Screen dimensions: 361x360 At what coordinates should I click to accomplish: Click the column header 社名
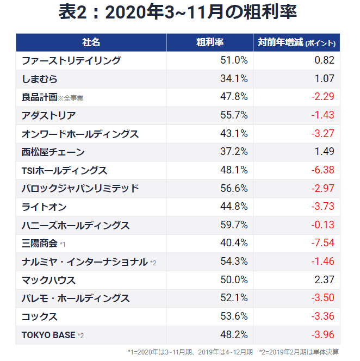point(91,42)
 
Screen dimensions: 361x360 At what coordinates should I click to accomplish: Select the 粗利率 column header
point(209,42)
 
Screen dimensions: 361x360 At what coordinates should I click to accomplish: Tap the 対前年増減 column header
point(296,42)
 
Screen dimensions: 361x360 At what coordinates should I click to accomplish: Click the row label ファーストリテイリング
point(71,60)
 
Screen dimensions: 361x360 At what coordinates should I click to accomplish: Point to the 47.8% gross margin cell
point(234,97)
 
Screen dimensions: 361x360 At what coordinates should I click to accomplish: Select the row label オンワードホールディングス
point(80,134)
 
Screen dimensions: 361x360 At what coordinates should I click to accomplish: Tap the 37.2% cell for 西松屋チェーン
point(234,152)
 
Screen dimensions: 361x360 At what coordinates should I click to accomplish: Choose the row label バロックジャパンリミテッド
point(80,189)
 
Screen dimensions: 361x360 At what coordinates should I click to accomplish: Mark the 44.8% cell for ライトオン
point(234,207)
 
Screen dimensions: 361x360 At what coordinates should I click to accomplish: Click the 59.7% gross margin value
point(234,225)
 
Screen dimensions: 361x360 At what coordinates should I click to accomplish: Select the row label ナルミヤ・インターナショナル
point(84,262)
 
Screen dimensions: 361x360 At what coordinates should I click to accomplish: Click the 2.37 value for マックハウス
point(324,280)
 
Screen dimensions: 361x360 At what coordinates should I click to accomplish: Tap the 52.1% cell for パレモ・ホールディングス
point(234,298)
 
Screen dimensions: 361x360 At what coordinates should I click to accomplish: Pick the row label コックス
point(40,316)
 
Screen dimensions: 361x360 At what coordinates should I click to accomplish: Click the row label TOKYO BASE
point(48,335)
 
